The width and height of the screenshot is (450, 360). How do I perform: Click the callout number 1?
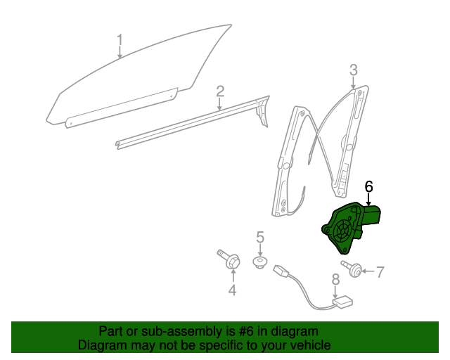click(120, 39)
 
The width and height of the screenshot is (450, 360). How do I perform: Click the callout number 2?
click(220, 91)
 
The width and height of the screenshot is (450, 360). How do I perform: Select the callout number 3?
click(354, 69)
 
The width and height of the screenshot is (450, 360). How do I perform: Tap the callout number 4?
click(232, 290)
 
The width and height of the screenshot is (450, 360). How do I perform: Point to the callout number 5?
click(259, 238)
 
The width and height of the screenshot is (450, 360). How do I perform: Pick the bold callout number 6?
click(368, 186)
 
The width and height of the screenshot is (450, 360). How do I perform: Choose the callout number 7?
click(380, 271)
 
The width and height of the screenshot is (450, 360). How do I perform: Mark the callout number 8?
click(335, 279)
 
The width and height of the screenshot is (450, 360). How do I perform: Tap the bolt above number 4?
click(229, 259)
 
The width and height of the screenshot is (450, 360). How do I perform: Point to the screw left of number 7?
click(356, 269)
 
